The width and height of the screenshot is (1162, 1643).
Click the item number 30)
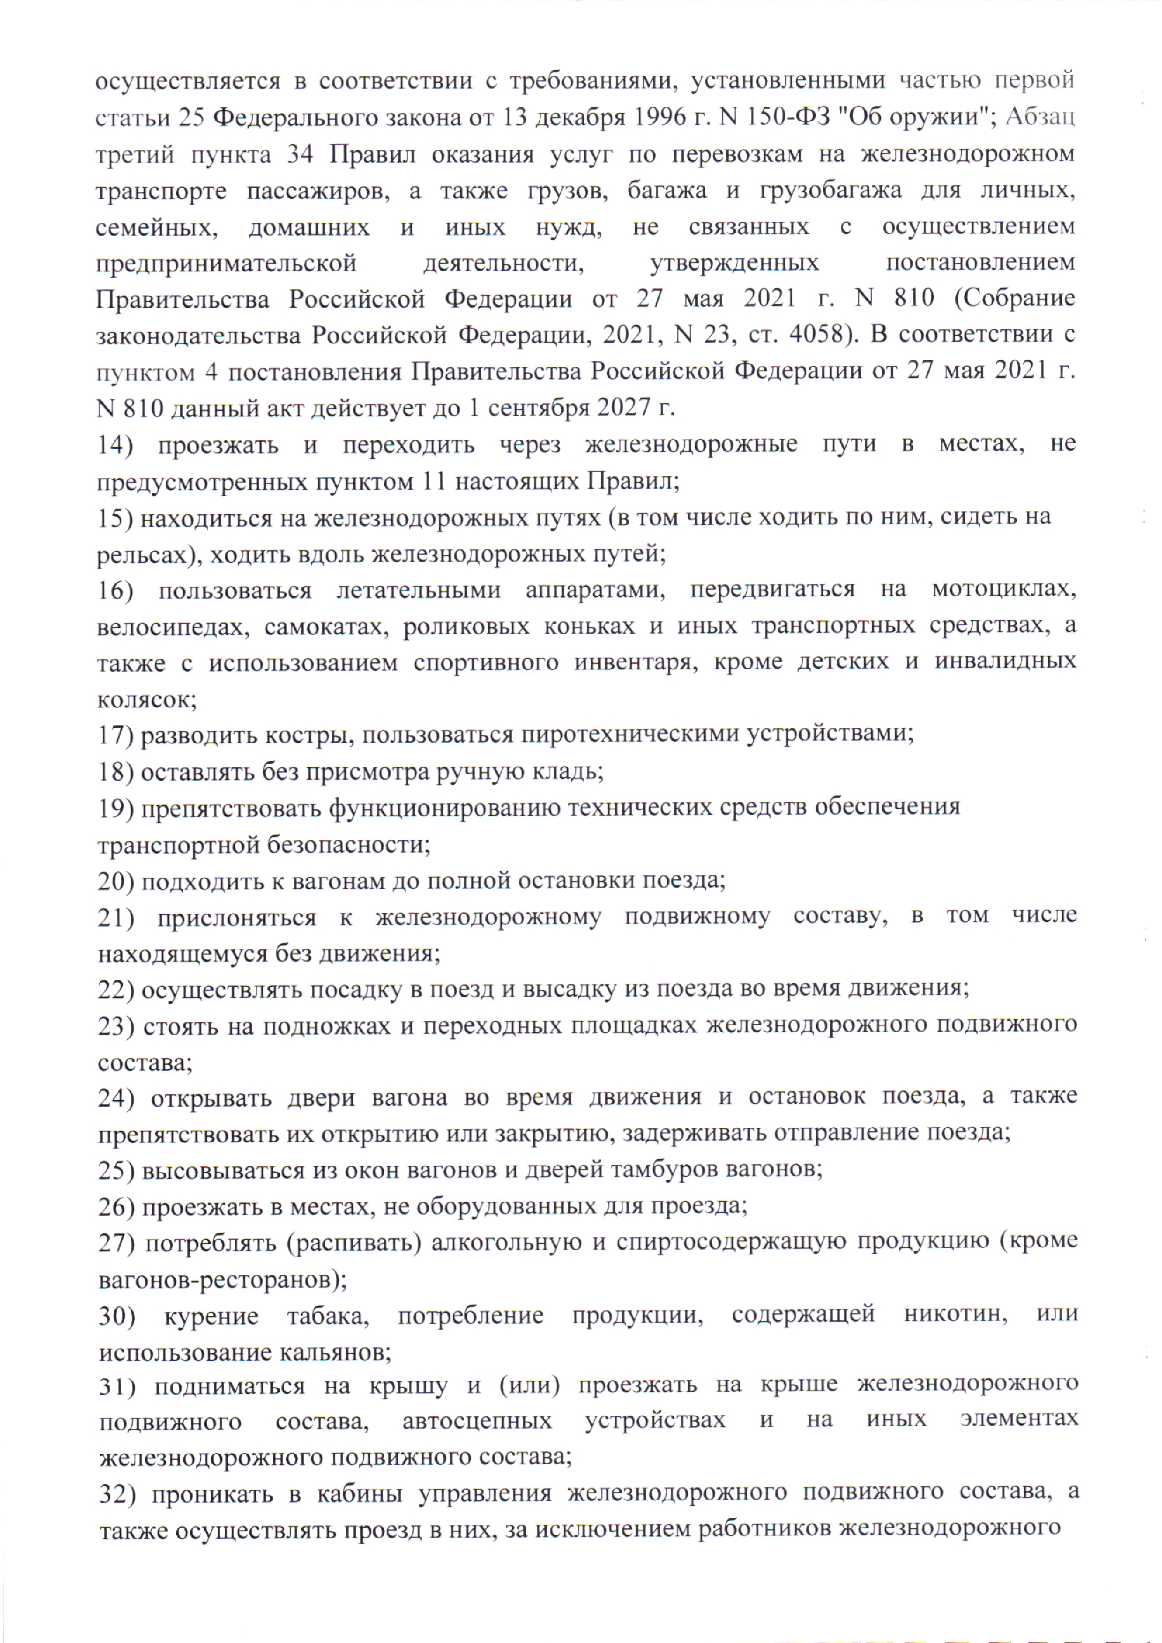116,1315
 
